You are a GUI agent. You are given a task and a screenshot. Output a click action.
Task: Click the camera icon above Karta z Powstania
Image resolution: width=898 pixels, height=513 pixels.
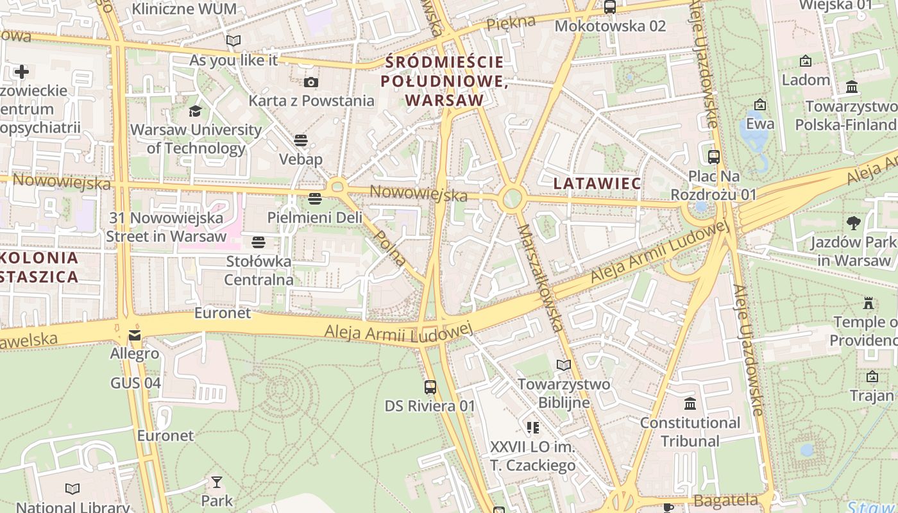311,82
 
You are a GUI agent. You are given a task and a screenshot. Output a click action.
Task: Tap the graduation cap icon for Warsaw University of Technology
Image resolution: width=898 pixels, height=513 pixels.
195,111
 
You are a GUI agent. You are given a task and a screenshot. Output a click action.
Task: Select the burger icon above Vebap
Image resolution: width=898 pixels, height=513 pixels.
301,140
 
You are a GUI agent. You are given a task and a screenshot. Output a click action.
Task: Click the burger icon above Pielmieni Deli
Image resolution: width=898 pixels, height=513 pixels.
314,199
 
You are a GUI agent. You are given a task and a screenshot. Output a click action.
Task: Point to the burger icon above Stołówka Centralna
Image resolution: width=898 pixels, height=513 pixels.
258,242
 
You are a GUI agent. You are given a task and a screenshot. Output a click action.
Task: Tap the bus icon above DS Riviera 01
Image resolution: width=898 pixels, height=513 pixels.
430,387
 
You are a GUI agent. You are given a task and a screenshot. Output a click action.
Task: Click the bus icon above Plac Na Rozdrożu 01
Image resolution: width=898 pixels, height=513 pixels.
713,157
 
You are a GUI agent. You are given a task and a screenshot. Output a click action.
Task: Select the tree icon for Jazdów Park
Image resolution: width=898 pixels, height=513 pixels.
853,223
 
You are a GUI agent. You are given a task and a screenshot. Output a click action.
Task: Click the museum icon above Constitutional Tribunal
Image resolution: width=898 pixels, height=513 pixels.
690,404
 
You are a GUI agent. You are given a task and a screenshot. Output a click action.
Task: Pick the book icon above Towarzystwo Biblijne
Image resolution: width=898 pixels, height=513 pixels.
563,365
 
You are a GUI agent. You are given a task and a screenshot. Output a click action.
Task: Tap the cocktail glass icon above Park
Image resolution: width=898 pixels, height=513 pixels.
217,482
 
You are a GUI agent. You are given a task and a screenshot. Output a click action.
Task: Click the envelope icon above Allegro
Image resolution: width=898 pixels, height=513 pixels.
135,335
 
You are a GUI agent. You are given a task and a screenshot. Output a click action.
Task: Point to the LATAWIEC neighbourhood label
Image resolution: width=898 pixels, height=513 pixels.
597,183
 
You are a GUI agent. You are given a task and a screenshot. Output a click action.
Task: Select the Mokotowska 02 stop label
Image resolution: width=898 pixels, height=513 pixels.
610,26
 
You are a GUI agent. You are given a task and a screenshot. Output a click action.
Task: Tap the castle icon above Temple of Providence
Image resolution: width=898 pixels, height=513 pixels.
868,303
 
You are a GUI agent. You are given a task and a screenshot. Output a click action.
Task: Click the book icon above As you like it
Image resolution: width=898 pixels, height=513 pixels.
233,41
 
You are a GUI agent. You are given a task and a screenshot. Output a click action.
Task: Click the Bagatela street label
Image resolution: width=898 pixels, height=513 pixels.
726,500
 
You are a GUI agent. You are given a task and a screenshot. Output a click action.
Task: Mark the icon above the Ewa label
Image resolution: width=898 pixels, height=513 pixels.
760,105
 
